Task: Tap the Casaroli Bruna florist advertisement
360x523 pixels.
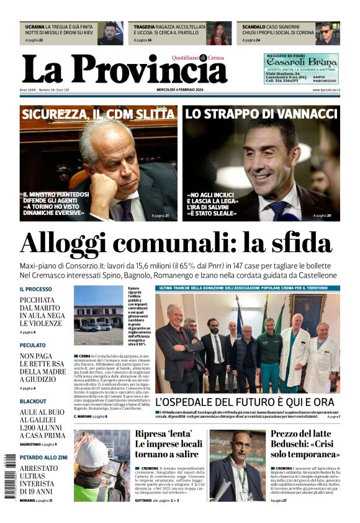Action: coord(301,68)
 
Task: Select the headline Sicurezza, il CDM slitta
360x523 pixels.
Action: coord(98,114)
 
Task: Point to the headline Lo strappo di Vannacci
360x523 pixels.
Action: coord(261,114)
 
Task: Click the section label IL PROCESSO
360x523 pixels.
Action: coord(36,289)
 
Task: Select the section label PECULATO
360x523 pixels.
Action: coord(32,345)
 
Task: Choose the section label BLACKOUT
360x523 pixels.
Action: coord(33,401)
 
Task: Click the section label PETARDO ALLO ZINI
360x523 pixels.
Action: coord(43,457)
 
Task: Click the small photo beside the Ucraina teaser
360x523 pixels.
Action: coord(110,33)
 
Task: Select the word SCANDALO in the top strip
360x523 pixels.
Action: coord(254,27)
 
